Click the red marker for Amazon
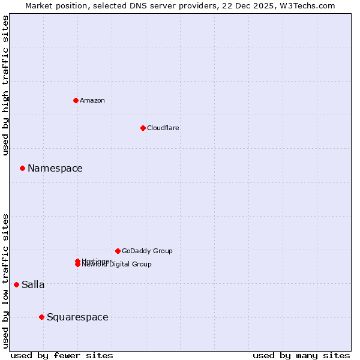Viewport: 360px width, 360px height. pos(76,100)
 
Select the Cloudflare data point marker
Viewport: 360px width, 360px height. pos(143,128)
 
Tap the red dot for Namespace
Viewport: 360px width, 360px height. pos(22,168)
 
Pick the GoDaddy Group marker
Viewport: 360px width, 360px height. pos(118,251)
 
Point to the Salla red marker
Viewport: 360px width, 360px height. pos(16,284)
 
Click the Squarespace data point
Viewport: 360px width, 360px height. pos(41,317)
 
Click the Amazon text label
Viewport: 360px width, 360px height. pos(92,100)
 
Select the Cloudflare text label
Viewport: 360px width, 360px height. pos(163,128)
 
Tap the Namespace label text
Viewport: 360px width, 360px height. pos(55,168)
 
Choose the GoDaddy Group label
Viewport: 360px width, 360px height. pos(147,251)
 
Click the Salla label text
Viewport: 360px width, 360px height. pos(33,284)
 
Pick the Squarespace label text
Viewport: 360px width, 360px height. pos(77,317)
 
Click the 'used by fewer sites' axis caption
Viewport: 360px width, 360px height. pos(62,356)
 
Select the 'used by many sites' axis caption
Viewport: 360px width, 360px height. pos(301,356)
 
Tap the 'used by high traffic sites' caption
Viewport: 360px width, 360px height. pos(6,86)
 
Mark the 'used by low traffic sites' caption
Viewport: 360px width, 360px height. pos(6,280)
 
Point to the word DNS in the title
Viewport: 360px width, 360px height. pos(153,5)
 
